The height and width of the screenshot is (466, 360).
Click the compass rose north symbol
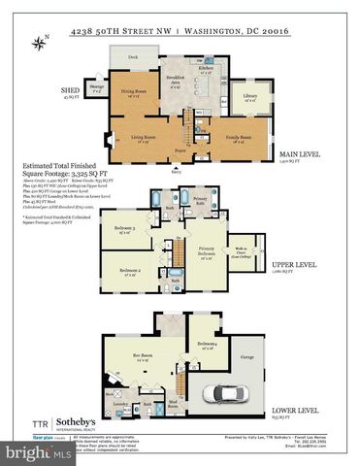pos(39,42)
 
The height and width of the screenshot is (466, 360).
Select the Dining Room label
pos(133,93)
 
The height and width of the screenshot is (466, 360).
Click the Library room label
pos(250,97)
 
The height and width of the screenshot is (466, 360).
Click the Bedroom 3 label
pos(124,229)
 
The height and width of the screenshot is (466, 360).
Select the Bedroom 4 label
pos(206,345)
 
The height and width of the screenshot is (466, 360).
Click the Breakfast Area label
pos(176,79)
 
